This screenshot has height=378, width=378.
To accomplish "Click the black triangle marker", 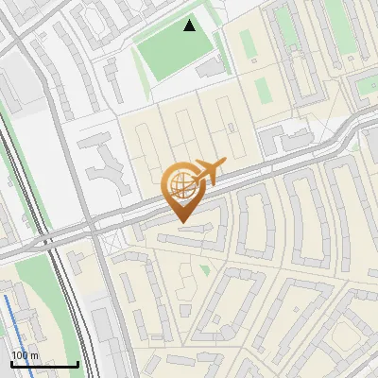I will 190,26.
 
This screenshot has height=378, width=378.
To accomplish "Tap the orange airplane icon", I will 210,171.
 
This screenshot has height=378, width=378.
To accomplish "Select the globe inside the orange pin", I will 180,182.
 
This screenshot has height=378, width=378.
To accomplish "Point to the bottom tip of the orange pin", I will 180,223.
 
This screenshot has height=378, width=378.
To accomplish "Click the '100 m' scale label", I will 26,355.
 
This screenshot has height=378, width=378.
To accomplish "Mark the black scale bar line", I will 44,364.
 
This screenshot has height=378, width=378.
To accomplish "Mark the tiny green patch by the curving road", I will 354,146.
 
